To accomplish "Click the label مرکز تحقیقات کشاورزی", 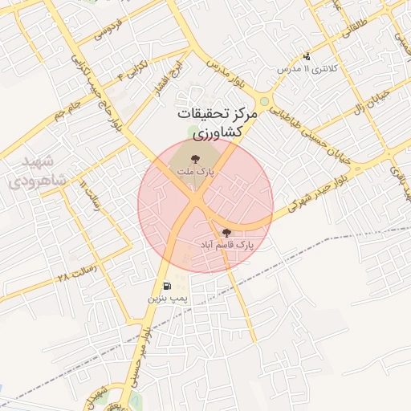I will click(x=218, y=122).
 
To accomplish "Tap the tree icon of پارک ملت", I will click(x=193, y=157).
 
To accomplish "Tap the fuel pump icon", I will click(x=166, y=285).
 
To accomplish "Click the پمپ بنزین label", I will click(x=166, y=298).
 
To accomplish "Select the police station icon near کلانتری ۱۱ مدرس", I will click(x=307, y=56).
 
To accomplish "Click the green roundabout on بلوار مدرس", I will click(x=265, y=102).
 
